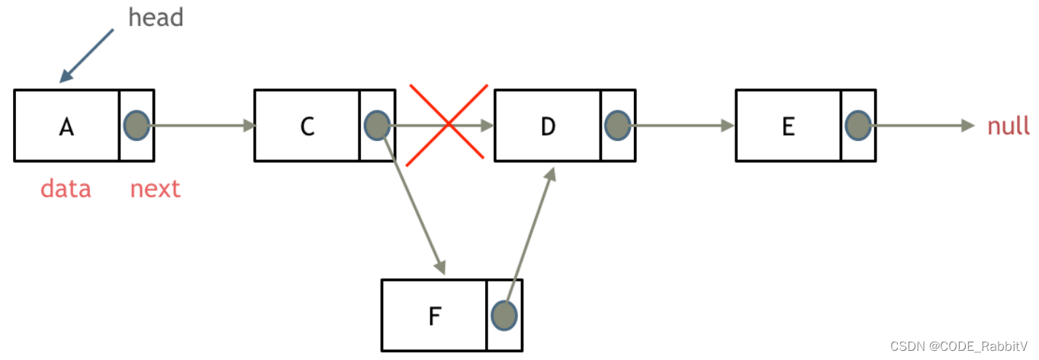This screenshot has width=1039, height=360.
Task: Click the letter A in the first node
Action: pos(66,127)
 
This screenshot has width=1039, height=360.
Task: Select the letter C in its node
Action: pos(307,127)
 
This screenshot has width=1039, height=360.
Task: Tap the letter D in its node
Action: pos(548,127)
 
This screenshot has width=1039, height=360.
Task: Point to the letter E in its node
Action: pos(789,127)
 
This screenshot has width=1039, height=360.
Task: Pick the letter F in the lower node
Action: pos(434,316)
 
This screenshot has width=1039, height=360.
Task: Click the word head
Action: pos(156,18)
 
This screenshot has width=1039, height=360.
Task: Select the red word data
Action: pos(66,188)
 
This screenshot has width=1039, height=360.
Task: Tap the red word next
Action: pos(155,188)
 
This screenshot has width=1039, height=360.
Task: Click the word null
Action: pos(1008,126)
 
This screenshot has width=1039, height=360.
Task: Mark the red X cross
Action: pos(448,124)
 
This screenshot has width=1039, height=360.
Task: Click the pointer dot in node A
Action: pos(137,125)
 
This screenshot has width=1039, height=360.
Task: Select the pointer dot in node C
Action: pos(378,125)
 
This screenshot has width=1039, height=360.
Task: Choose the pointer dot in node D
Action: pos(617,125)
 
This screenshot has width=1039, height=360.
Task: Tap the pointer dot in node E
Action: pos(858,125)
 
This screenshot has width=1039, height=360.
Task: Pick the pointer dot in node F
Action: pos(504,314)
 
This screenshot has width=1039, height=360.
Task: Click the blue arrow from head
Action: pos(87,56)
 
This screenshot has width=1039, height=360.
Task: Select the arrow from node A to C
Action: pos(202,126)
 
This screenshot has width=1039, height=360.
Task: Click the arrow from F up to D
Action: pos(532,229)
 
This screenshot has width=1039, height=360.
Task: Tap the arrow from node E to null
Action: pos(923,126)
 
